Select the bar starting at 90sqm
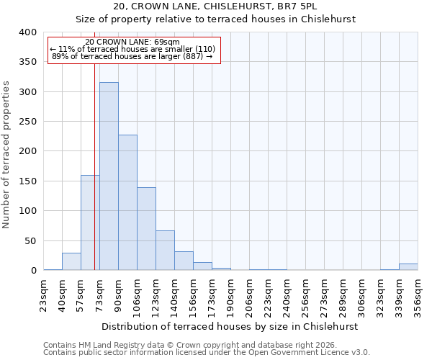(127, 202)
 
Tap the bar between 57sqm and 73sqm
(90, 222)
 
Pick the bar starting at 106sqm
(146, 229)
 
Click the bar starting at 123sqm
(165, 251)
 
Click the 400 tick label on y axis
(27, 32)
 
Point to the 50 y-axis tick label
(30, 241)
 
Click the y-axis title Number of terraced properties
(6, 155)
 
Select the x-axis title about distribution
(230, 326)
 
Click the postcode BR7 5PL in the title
(310, 6)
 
